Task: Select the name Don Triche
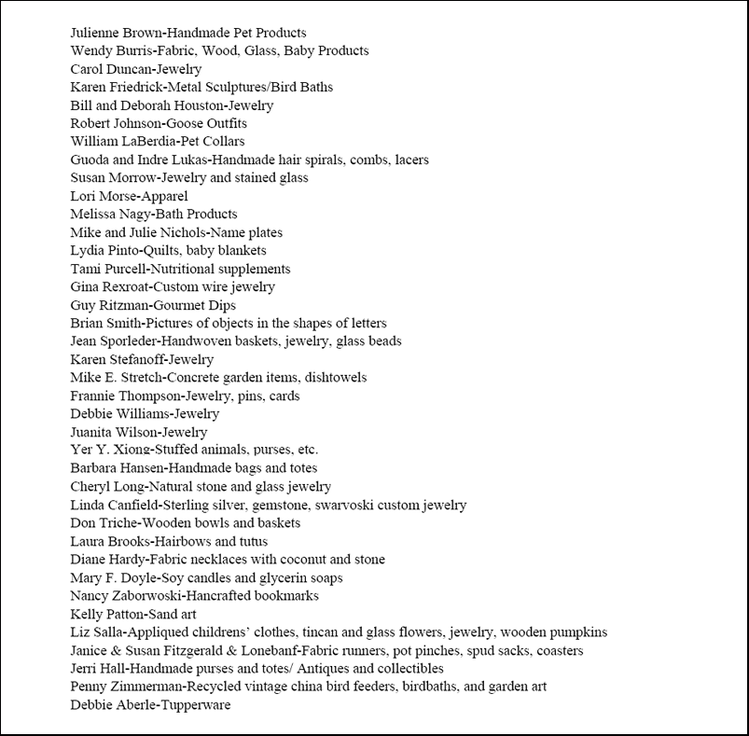[x=100, y=523]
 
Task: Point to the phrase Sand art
[x=173, y=615]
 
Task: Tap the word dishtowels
[x=332, y=378]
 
